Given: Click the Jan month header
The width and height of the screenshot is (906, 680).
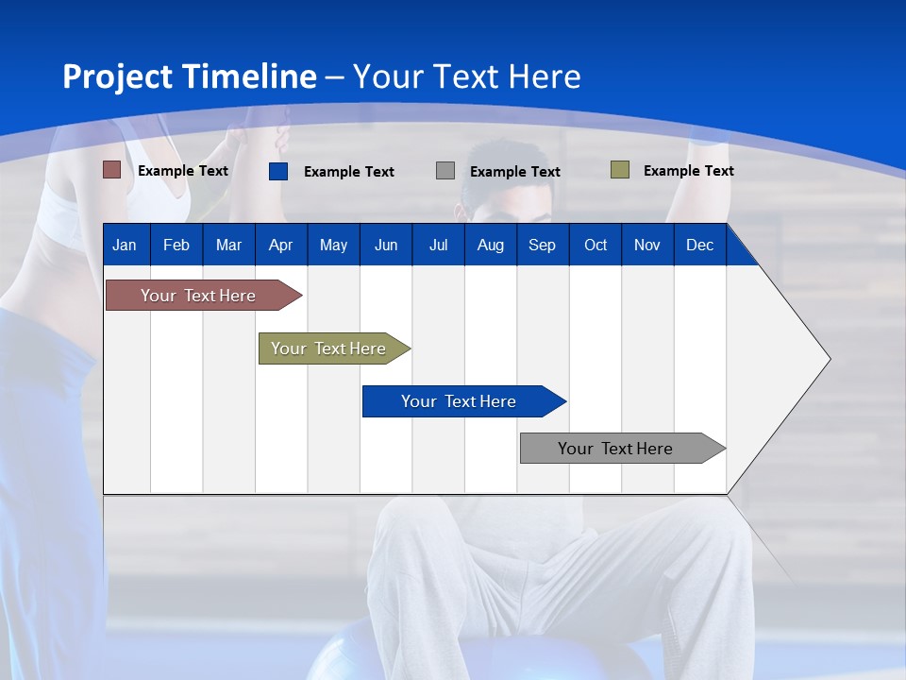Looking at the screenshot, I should (x=125, y=245).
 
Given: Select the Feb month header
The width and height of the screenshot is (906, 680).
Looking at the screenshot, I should (x=176, y=245).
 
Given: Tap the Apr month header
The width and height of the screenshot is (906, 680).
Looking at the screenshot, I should (x=280, y=245).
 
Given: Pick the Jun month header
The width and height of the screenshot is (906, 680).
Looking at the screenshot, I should (x=386, y=245).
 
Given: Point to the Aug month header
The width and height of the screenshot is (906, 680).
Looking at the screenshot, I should (x=490, y=245).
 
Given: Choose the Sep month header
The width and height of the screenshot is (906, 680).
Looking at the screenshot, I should (x=542, y=245).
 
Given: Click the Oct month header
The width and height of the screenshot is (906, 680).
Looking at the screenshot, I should (x=596, y=245).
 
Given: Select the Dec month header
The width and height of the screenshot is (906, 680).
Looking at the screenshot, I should (x=699, y=245).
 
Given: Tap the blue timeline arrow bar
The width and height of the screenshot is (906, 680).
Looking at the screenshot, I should (x=460, y=401).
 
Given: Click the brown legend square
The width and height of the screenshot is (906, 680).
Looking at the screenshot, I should (x=112, y=170).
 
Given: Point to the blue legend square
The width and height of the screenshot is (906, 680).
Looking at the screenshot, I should (x=278, y=171).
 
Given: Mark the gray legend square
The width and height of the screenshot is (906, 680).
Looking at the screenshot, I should (x=445, y=171).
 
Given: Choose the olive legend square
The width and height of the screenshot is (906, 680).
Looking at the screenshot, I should (x=620, y=170).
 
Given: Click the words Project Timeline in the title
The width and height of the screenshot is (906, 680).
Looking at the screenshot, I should (x=190, y=76).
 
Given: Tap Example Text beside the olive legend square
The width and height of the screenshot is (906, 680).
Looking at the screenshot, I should (x=688, y=171).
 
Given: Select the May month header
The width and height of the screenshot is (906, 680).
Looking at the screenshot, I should (x=333, y=245).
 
